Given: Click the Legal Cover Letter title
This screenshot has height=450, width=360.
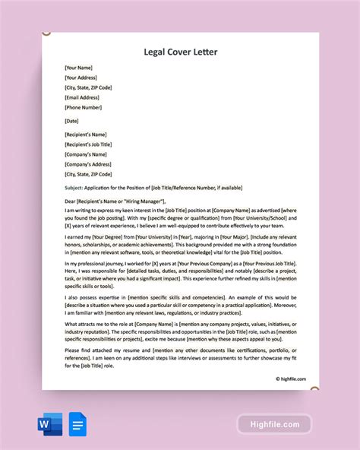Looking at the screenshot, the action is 179,52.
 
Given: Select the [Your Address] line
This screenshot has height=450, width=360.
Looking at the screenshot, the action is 81,78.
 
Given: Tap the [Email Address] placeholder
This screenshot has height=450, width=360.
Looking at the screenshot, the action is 82,97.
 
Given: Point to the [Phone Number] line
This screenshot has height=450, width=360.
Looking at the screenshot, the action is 83,107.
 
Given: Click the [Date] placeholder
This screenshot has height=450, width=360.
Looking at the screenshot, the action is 73,122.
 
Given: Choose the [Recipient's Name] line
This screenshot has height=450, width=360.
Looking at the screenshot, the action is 86,135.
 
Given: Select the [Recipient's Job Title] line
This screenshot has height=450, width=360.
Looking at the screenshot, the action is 90,145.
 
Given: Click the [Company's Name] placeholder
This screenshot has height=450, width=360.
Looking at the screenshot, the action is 86,155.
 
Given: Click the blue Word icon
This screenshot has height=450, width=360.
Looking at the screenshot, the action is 52,423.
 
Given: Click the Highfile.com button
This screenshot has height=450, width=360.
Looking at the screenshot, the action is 274,424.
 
